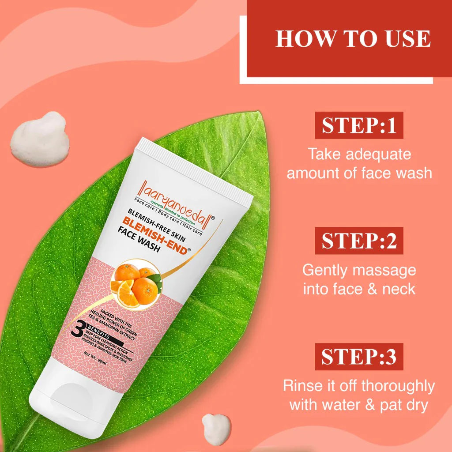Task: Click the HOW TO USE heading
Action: pos(353,39)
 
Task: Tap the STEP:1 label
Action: pos(359,125)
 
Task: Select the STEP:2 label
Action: pos(359,241)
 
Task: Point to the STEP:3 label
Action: pos(359,357)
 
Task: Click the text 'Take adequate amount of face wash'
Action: pos(359,163)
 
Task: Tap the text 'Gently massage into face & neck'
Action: pos(359,279)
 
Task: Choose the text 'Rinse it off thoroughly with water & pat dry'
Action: pos(359,395)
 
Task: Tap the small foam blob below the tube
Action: pos(216,429)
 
